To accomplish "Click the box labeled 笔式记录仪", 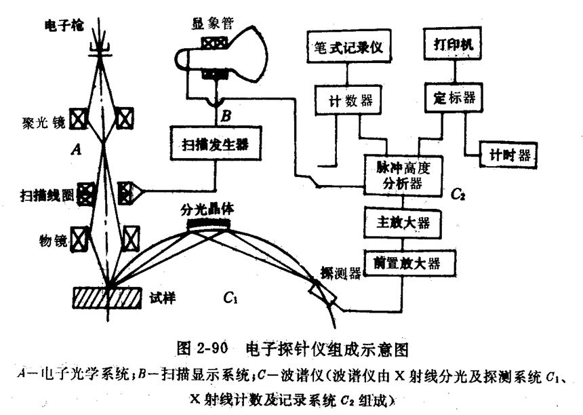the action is click(348, 45).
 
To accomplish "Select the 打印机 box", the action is click(453, 43).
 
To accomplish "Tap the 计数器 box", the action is click(348, 100).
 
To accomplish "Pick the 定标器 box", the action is click(454, 98).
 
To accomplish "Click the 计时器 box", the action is click(508, 155).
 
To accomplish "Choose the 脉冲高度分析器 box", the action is click(403, 176).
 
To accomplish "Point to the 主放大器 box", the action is click(403, 223).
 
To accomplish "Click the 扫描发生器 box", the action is click(216, 144).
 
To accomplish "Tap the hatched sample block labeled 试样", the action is click(107, 298).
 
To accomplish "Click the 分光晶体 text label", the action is click(207, 210).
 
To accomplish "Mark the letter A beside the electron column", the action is click(76, 149).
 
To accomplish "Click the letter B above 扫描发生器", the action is click(226, 116).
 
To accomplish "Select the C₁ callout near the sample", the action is click(230, 298).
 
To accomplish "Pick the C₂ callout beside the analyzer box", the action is click(458, 194).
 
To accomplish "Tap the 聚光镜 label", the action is click(44, 122).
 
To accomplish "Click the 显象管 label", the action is click(213, 24).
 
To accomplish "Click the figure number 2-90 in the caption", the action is click(213, 348).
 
